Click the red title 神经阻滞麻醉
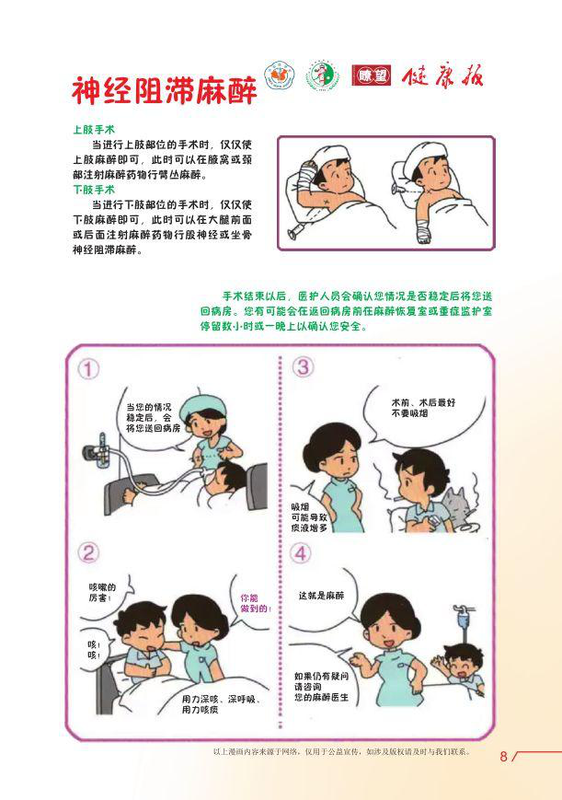[165, 90]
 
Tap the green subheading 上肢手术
[94, 130]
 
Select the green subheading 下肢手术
[94, 190]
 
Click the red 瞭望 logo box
[372, 76]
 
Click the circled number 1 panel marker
[88, 369]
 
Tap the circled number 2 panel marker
[88, 553]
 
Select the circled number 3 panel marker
[303, 366]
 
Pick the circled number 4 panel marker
[301, 553]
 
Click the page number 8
[503, 756]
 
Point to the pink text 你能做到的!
[256, 603]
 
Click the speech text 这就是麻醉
[321, 596]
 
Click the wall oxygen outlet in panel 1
[97, 450]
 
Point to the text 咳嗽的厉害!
[102, 592]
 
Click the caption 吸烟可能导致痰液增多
[309, 518]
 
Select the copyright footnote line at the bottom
[341, 751]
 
